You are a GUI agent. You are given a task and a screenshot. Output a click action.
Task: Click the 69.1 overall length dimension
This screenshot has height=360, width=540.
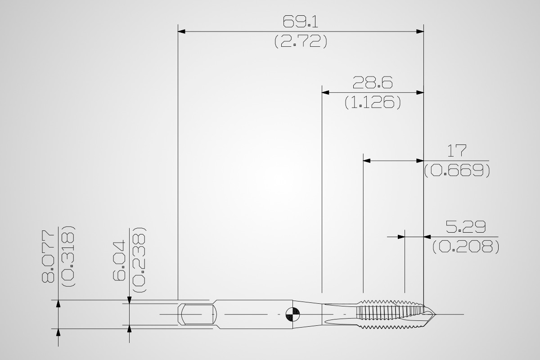(301, 22)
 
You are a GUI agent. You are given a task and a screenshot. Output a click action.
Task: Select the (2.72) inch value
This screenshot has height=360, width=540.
(301, 41)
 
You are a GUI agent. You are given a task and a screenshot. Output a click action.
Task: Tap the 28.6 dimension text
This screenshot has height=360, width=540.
(373, 82)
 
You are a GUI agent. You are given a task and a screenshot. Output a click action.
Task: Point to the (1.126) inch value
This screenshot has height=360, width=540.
(373, 102)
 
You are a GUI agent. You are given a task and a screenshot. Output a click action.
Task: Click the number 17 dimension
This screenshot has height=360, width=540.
(457, 151)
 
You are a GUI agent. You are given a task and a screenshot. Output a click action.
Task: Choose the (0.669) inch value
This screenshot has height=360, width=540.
(457, 171)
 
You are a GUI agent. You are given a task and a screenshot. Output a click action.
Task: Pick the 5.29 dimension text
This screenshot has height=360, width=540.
(465, 227)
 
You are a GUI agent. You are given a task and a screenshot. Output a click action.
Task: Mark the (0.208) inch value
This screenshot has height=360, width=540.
(465, 247)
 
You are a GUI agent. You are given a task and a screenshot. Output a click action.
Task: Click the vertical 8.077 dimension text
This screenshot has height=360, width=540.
(48, 256)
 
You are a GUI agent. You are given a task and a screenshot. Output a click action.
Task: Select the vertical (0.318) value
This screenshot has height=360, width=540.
(68, 256)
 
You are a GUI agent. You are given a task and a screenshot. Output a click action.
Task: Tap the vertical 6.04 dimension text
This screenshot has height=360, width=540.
(119, 261)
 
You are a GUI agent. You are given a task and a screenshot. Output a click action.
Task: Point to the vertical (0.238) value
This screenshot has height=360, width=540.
(139, 260)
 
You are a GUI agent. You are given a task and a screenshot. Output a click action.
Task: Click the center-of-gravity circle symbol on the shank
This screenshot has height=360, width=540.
(292, 315)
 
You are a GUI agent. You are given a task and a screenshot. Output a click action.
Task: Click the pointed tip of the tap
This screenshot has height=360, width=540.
(435, 315)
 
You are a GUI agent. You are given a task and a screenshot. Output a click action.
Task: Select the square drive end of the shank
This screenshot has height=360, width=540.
(197, 314)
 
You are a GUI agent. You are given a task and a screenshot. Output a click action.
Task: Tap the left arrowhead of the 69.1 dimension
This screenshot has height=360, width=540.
(181, 31)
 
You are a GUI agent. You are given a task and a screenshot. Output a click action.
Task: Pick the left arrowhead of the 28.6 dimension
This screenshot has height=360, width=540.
(325, 93)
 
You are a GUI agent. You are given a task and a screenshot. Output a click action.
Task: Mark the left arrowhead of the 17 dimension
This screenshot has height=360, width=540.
(367, 161)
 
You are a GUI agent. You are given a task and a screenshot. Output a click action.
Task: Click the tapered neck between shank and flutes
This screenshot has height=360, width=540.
(307, 315)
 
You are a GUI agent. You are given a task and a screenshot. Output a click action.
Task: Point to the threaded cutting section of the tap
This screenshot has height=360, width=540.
(391, 315)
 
